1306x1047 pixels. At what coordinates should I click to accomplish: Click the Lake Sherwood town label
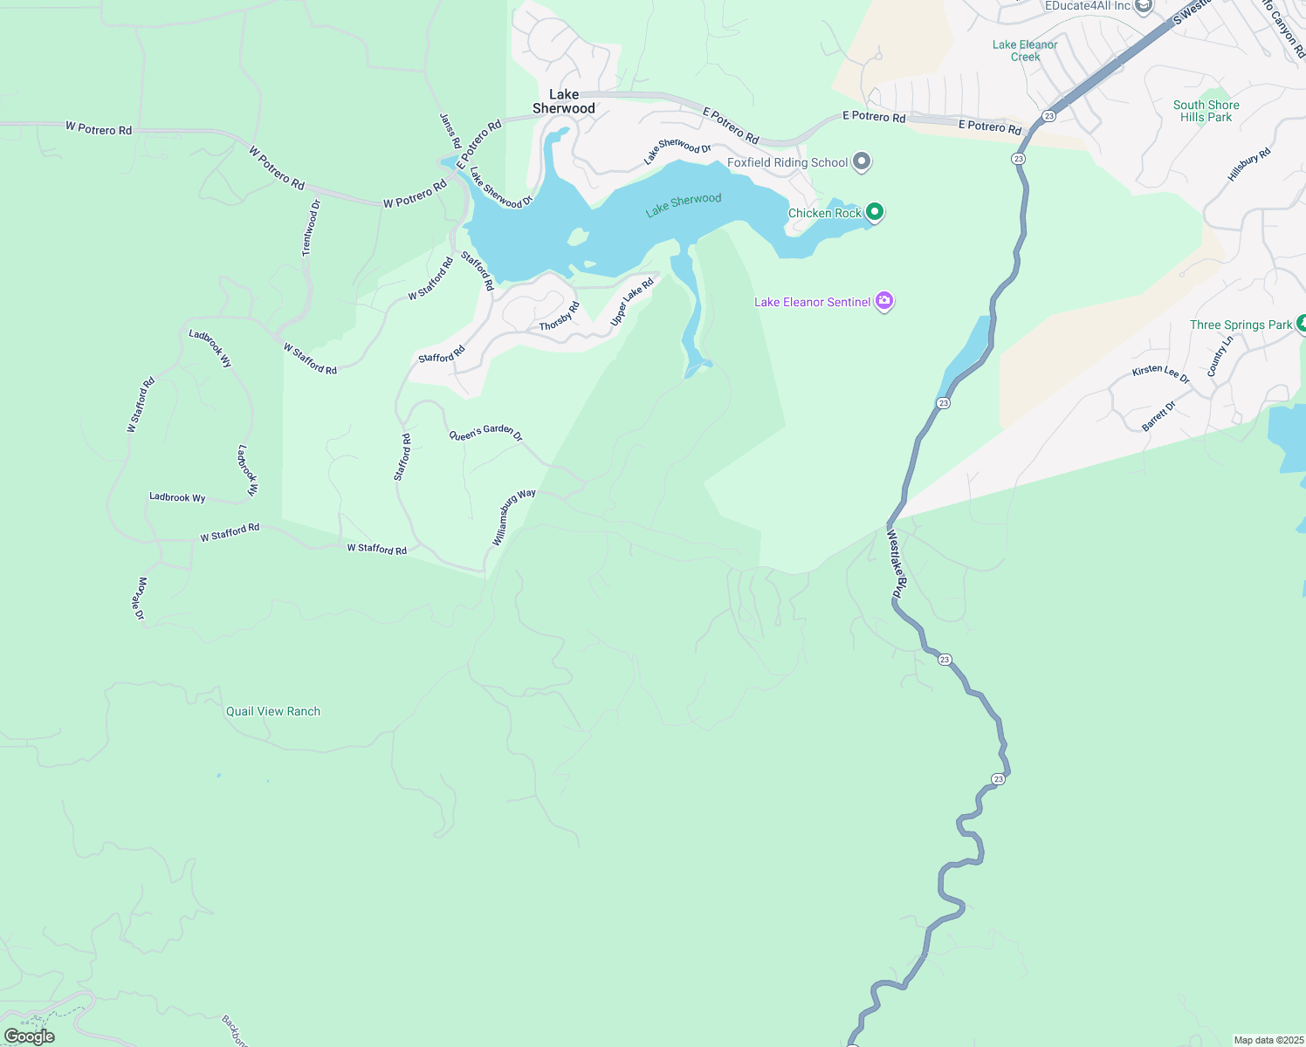pos(564,101)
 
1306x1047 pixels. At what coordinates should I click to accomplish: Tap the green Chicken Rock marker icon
pos(874,212)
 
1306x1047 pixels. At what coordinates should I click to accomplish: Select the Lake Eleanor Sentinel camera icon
pos(884,301)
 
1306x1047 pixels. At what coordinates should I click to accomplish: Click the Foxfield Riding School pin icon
pos(862,161)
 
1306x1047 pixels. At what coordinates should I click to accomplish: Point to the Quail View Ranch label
pos(273,711)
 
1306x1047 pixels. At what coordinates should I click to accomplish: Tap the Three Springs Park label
pos(1241,325)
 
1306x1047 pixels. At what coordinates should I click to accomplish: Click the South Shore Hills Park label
pos(1206,111)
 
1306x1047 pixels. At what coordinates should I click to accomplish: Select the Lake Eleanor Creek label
pos(1025,51)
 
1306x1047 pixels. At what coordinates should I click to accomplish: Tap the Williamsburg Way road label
pos(513,517)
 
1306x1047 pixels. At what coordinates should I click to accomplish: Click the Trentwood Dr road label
pos(312,228)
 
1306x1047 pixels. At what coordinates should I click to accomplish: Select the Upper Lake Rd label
pos(632,302)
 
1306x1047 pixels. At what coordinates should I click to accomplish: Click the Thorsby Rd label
pos(560,317)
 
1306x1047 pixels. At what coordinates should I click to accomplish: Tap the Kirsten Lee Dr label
pos(1160,373)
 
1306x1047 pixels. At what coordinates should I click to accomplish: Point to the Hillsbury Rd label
pos(1249,164)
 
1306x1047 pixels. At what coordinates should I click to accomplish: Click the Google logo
pos(30,1036)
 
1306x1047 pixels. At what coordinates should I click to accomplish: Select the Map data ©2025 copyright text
pos(1268,1040)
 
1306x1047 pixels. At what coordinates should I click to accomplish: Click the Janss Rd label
pos(450,131)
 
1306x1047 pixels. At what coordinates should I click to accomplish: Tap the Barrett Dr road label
pos(1158,415)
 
